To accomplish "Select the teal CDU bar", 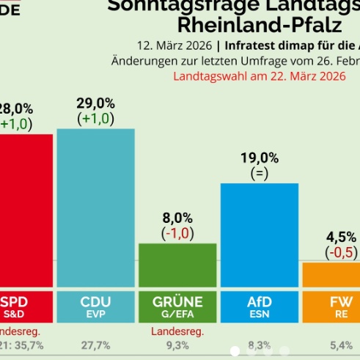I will click(x=95, y=208).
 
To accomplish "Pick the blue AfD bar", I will click(x=260, y=235).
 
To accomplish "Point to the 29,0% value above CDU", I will click(x=95, y=103).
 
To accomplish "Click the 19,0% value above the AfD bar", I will click(x=260, y=158).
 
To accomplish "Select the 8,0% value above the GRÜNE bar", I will click(x=177, y=218).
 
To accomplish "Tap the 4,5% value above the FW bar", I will click(x=341, y=237).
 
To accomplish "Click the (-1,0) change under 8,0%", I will click(x=177, y=233).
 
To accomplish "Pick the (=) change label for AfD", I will click(x=260, y=174).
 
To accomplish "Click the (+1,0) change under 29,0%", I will click(x=95, y=118).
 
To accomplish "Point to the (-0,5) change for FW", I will click(x=341, y=252).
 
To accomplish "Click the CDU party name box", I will click(x=95, y=306).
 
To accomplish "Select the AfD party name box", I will click(x=260, y=306).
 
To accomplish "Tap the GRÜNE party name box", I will click(x=177, y=306).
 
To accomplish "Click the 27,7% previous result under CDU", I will click(x=95, y=344).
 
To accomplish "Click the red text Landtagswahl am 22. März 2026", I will click(x=259, y=76).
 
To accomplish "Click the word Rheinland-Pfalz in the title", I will click(x=260, y=25).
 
